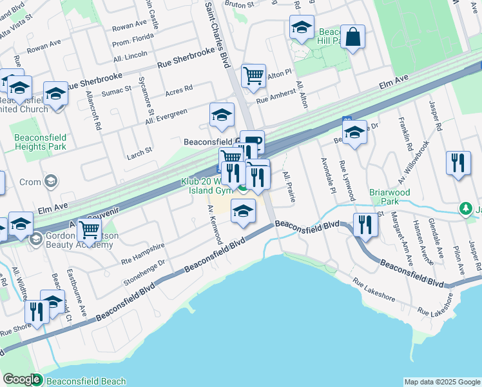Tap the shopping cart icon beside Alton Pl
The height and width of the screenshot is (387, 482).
point(254,75)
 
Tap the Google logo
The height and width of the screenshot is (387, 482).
point(21,380)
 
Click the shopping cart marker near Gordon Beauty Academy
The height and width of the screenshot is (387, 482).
point(89,229)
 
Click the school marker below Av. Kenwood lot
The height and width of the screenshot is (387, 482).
point(242,212)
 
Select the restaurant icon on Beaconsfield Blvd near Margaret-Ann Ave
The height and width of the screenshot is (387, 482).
point(365,225)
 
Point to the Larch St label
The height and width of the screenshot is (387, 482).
point(139,150)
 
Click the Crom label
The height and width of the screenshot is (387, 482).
point(29,183)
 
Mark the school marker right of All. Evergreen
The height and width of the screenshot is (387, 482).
point(222,115)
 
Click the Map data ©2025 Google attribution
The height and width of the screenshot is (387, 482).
point(442,382)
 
